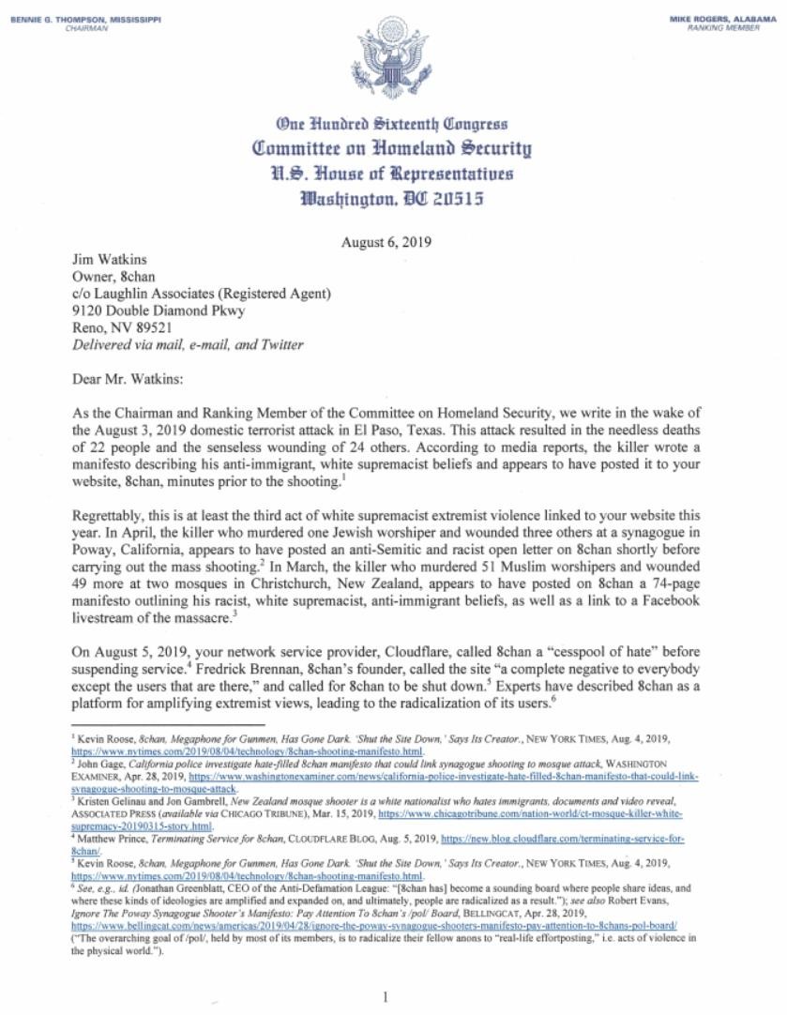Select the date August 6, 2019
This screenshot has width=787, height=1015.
click(x=386, y=241)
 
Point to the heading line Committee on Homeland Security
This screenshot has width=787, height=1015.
click(x=392, y=147)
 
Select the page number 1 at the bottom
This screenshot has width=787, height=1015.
click(x=386, y=996)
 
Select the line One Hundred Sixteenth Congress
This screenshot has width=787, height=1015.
click(x=392, y=124)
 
